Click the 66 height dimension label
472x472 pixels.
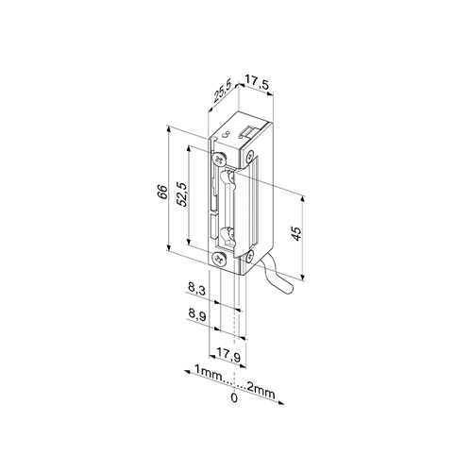(x=162, y=192)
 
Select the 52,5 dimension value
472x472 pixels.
(x=182, y=194)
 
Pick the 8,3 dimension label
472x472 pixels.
(x=196, y=289)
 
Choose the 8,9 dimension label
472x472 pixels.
(x=197, y=314)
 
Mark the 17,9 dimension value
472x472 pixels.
(x=228, y=356)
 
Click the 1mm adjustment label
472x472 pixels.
(x=209, y=370)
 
